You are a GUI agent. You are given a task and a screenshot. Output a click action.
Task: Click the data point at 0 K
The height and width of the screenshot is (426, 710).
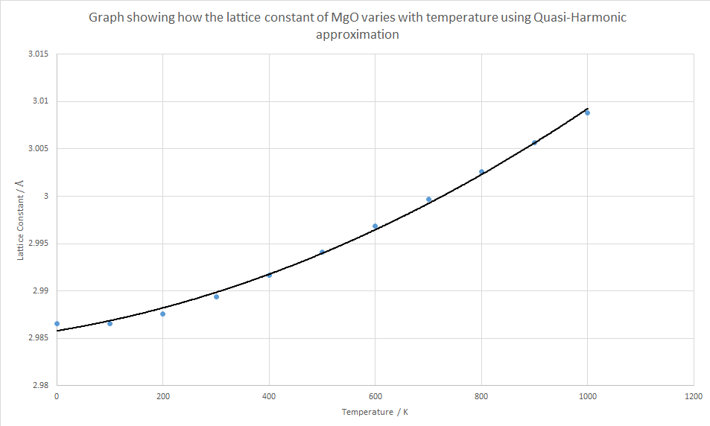coord(57,323)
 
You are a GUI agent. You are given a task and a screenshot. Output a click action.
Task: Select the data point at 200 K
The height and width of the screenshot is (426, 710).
coord(162,314)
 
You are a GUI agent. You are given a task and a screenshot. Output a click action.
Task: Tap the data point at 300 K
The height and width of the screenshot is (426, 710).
coord(216,296)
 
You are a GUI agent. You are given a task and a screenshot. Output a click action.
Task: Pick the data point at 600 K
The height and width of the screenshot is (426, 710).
coord(375,226)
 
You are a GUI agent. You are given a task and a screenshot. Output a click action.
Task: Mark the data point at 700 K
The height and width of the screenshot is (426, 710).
coord(428,199)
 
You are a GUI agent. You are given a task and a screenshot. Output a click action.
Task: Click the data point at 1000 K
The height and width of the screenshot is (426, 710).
coord(587,112)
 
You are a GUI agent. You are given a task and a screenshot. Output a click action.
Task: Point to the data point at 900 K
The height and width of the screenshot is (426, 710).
coord(534,142)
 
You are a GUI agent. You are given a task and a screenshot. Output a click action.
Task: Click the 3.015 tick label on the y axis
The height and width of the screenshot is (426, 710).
coord(37,54)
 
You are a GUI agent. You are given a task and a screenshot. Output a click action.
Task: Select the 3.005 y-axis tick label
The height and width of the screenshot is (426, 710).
coord(37,148)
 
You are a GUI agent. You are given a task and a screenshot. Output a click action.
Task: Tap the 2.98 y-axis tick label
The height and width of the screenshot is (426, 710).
coord(39,385)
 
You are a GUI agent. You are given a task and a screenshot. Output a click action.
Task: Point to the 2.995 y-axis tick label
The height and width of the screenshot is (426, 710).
coord(37,243)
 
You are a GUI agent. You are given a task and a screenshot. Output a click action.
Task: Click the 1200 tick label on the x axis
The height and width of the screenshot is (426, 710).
coord(694,397)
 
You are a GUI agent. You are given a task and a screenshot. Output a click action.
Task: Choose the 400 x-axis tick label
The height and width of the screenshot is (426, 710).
coord(269,397)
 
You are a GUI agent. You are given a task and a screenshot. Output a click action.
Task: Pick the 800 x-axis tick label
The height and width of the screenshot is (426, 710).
coord(481,397)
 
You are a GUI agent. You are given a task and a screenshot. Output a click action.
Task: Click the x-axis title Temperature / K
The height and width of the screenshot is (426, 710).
coord(374,412)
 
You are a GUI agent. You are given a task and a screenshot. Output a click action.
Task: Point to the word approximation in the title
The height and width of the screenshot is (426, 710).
coord(358,34)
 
